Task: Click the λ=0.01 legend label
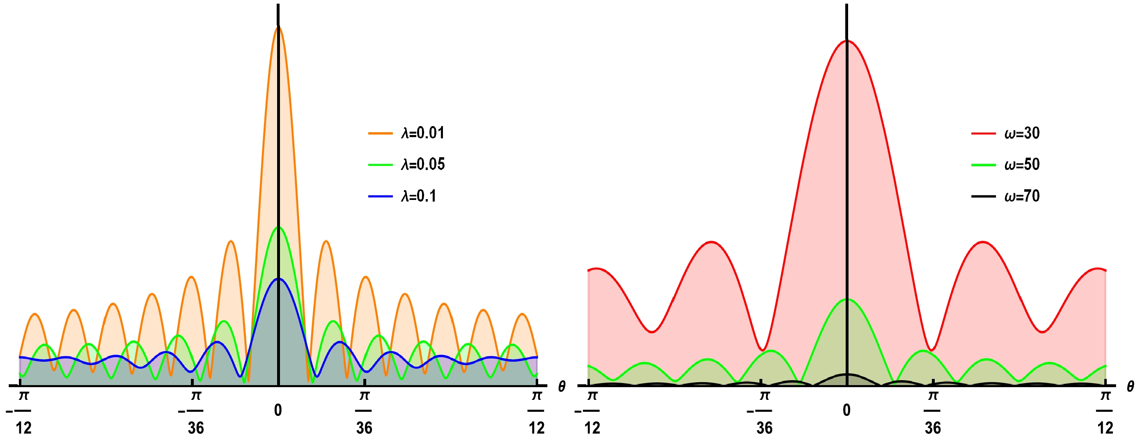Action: (x=423, y=133)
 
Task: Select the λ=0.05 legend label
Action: (x=423, y=164)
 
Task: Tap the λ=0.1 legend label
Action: (x=419, y=196)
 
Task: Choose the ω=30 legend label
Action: (x=1022, y=133)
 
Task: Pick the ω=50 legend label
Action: (x=1022, y=164)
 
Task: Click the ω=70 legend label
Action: (x=1022, y=196)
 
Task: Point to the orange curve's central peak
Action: (x=278, y=28)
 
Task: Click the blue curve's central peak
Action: (x=278, y=279)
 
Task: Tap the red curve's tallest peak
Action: (x=846, y=41)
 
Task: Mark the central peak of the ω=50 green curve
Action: (x=846, y=300)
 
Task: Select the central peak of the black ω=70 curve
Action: (x=846, y=374)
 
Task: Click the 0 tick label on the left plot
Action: (x=278, y=410)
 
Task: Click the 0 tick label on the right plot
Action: (x=846, y=410)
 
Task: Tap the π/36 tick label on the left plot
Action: (x=364, y=412)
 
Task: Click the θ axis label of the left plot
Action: (x=562, y=387)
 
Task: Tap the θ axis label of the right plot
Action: (x=1130, y=387)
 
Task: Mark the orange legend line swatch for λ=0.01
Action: (x=380, y=133)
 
